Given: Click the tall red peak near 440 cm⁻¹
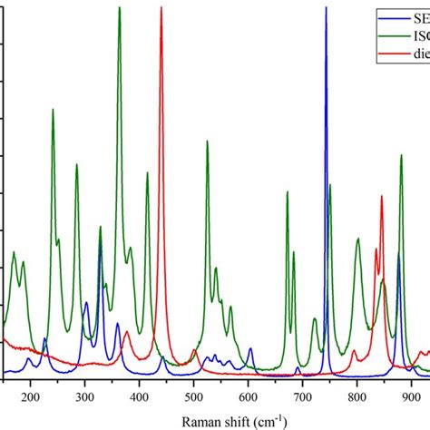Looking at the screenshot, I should (x=161, y=9).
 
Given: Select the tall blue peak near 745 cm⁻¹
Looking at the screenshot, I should (x=326, y=9).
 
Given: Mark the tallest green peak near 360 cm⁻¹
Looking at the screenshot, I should (x=119, y=9).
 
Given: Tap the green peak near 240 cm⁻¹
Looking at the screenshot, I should (x=53, y=110).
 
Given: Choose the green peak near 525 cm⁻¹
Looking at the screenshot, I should (x=207, y=142).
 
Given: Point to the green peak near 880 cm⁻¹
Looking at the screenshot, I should (x=401, y=156).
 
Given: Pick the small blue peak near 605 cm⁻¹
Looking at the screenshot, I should (x=251, y=349).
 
